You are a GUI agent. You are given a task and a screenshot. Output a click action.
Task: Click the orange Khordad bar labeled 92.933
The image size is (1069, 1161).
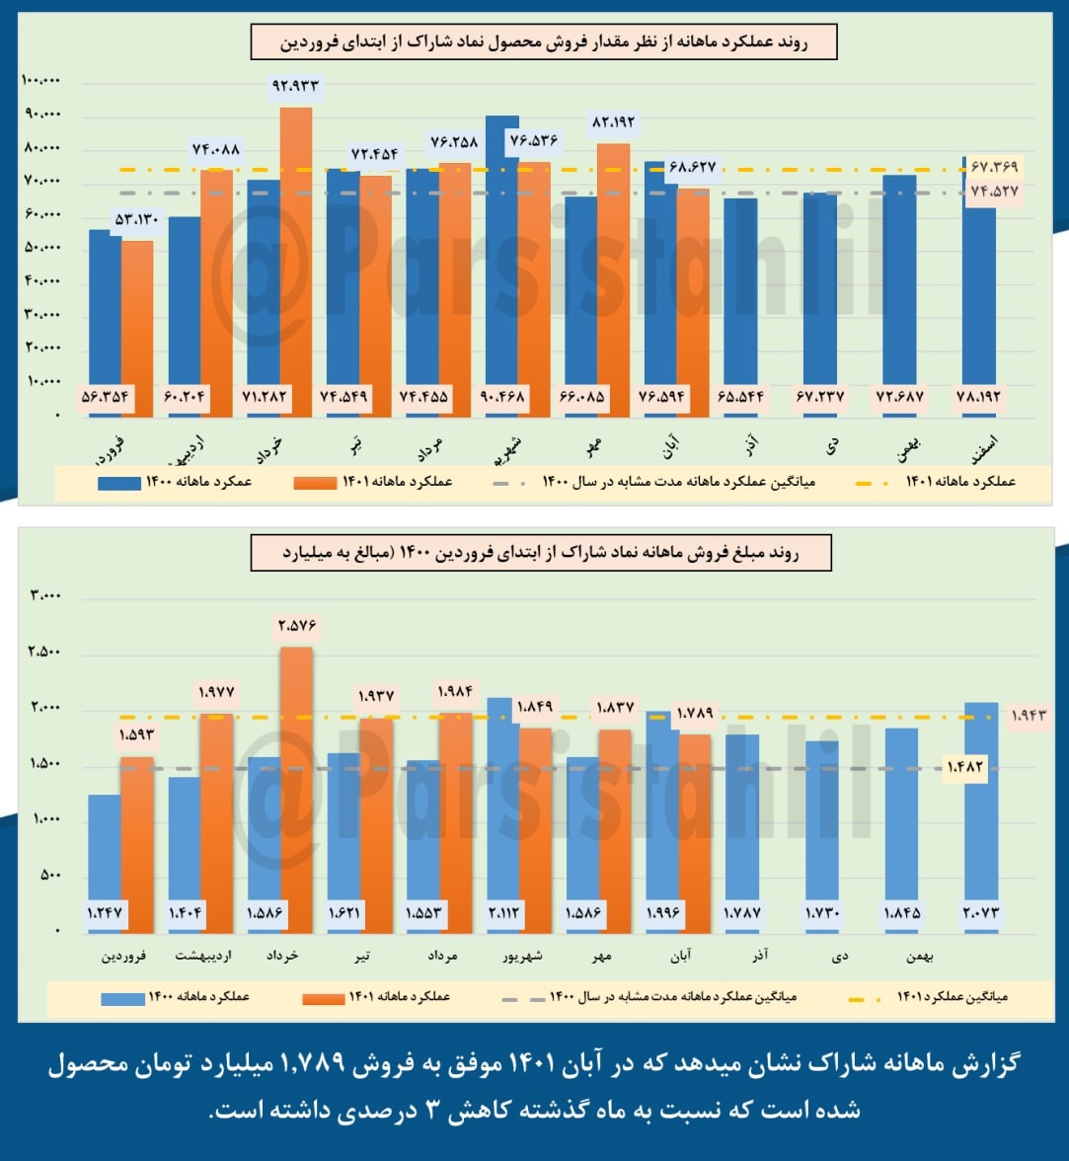click(x=295, y=257)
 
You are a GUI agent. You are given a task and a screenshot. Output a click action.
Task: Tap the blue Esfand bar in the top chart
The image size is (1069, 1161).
click(x=978, y=286)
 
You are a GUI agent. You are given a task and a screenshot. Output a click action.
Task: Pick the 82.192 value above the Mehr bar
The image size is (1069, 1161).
click(x=614, y=121)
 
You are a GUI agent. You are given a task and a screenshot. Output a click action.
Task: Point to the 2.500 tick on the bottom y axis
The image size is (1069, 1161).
click(x=45, y=652)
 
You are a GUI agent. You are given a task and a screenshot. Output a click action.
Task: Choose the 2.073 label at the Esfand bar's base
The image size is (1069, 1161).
click(x=980, y=913)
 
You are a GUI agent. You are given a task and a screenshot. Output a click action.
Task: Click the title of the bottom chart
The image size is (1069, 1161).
click(x=541, y=553)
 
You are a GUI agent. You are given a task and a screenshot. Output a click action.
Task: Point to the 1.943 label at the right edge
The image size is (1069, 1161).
click(x=1029, y=715)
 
